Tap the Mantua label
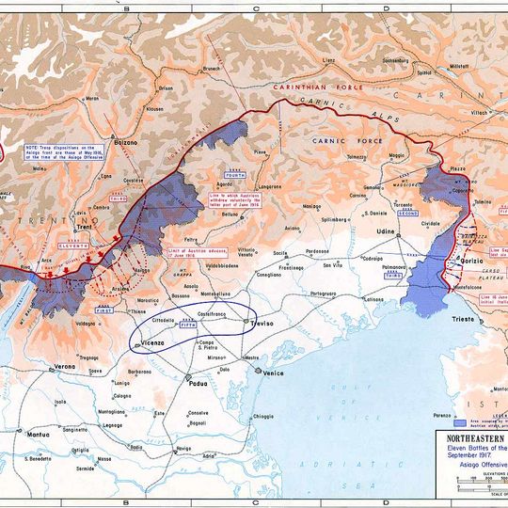click(38, 436)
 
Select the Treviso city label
click(261, 323)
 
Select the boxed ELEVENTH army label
click(74, 246)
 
